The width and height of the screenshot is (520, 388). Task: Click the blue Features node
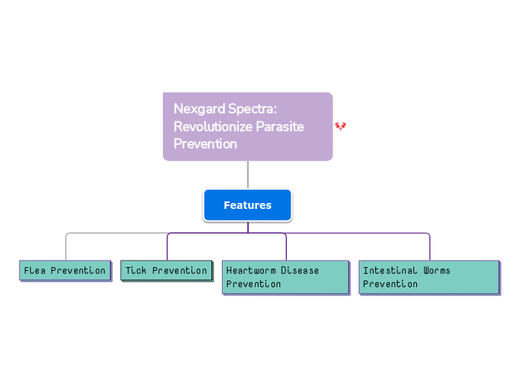(x=247, y=205)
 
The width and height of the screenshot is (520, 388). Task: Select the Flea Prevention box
(x=65, y=270)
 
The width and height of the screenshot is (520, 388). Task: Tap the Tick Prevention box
(x=166, y=270)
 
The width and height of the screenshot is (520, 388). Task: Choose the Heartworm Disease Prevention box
(x=285, y=277)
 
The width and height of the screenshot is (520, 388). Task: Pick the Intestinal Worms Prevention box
(x=429, y=277)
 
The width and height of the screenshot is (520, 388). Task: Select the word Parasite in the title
(x=279, y=126)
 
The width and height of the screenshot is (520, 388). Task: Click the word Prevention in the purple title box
(x=205, y=143)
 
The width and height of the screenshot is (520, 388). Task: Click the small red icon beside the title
(x=341, y=127)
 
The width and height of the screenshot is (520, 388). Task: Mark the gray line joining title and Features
(x=247, y=175)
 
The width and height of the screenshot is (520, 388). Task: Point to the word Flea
(x=34, y=270)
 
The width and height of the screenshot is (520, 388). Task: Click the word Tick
(x=135, y=270)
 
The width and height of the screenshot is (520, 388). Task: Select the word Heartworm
(x=250, y=270)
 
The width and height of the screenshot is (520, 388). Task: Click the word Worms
(x=437, y=270)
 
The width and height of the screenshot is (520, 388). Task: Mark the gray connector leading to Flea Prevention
(x=66, y=246)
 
